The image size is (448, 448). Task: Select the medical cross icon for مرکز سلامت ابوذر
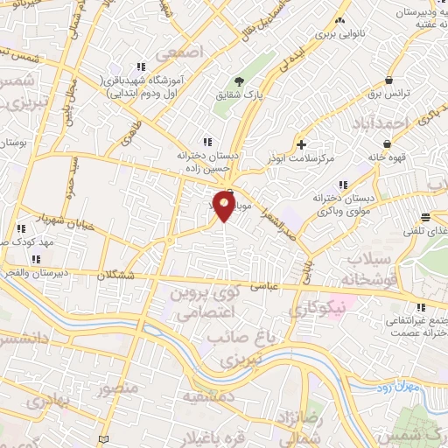coord(302,143)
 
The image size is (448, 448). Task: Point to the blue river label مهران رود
coord(403,386)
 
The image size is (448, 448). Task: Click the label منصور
coord(118,386)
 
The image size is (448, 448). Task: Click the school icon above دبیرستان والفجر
coord(35,259)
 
